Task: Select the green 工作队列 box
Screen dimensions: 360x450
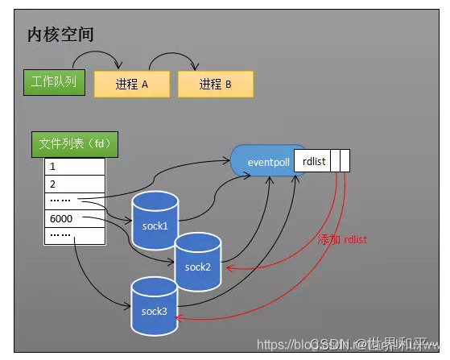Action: coord(54,83)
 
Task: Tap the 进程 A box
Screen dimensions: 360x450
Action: coord(131,85)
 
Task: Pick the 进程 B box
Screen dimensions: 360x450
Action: coord(215,85)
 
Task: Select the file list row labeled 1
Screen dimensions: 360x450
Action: coord(74,167)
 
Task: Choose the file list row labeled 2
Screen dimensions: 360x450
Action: coord(74,184)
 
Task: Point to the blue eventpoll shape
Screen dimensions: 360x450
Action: coord(262,163)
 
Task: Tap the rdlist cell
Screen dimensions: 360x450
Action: coord(313,162)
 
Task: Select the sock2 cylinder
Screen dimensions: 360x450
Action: coord(198,262)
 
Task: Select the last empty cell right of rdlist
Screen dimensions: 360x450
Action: coord(345,162)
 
